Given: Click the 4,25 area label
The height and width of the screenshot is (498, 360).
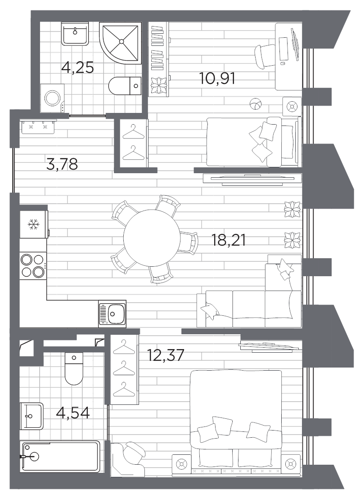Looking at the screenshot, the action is point(77,67).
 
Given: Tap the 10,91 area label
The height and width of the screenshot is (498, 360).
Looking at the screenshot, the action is point(217,78).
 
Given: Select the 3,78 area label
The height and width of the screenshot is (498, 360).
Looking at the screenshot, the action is point(62,164).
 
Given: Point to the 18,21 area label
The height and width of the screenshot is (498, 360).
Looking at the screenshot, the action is point(229,240).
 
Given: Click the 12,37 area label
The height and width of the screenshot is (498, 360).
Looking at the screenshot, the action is point(166,355).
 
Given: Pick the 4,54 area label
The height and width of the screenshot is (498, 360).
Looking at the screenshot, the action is point(73,413).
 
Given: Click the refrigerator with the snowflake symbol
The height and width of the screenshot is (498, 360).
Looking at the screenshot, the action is point(34,224).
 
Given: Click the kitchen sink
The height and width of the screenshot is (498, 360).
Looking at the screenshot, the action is point(112,314).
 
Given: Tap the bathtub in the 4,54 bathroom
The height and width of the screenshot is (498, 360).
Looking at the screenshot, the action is point(60,457).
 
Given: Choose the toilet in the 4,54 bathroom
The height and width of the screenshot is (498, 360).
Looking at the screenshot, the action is point(74,368).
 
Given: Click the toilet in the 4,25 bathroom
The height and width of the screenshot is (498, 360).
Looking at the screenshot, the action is point(125,85).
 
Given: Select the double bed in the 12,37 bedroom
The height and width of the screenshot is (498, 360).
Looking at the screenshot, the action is point(236,422).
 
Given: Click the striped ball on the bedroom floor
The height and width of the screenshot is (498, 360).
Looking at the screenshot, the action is point(256,104).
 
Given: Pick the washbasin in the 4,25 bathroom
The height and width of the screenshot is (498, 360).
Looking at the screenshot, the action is point(75,34).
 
